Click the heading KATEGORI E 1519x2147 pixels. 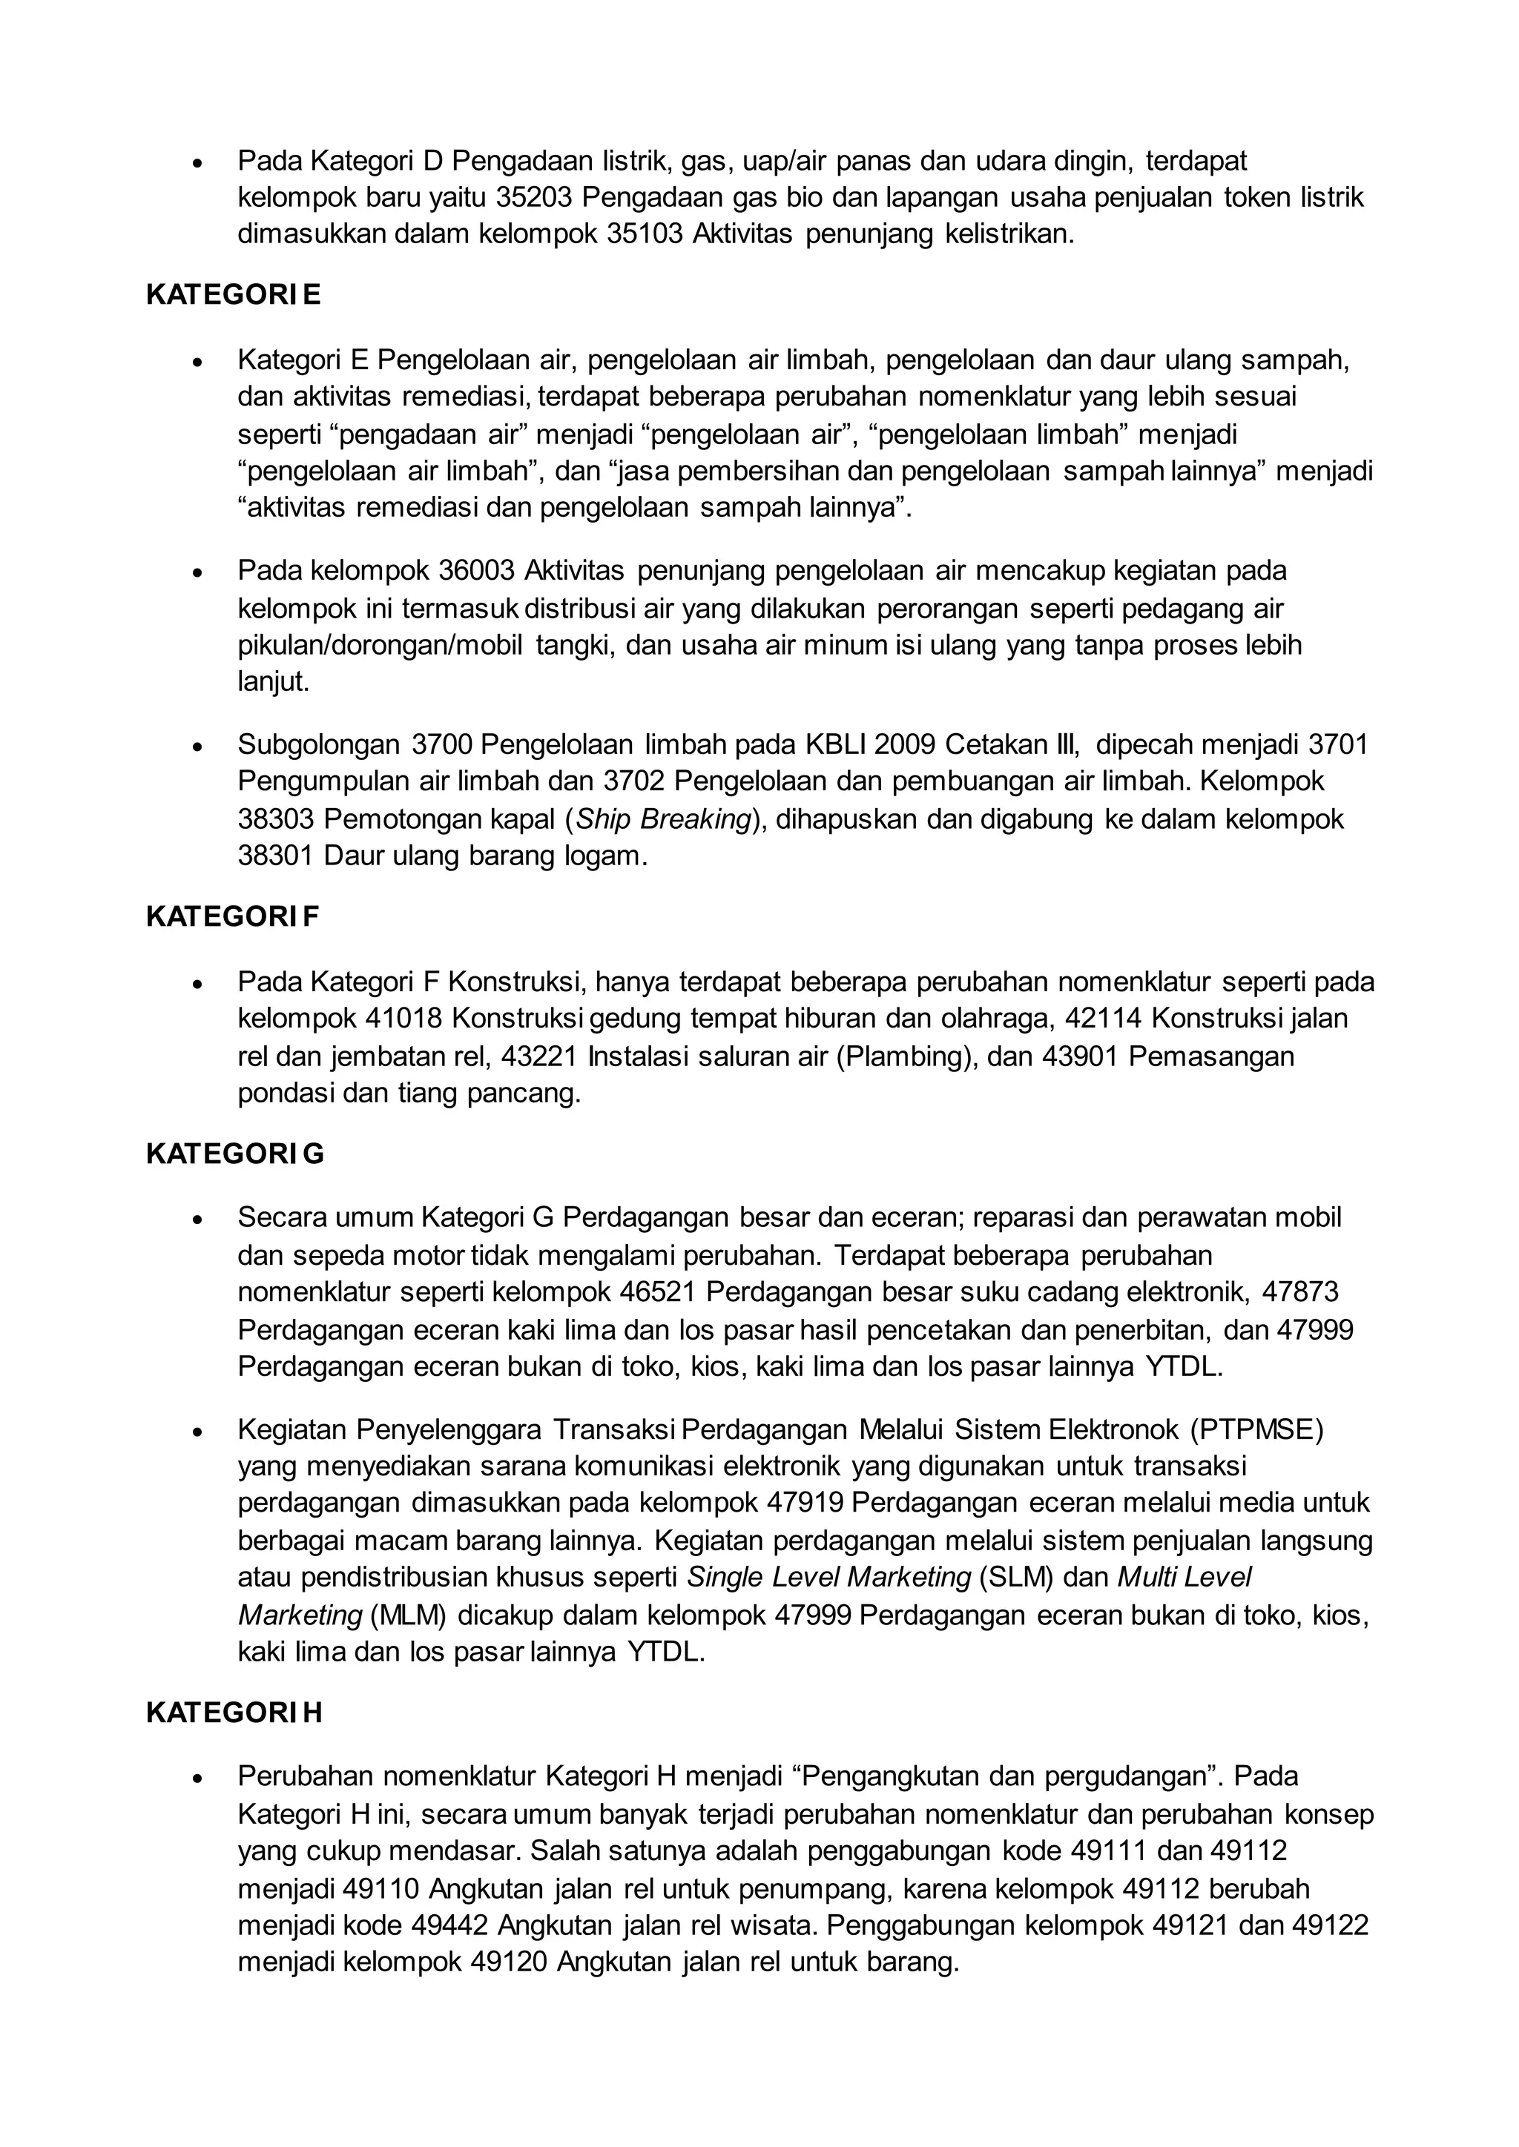click(233, 294)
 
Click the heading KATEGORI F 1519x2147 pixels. click(232, 916)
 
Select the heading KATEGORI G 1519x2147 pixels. click(235, 1154)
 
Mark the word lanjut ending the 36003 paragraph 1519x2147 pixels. click(273, 682)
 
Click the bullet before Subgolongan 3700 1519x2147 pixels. click(197, 747)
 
